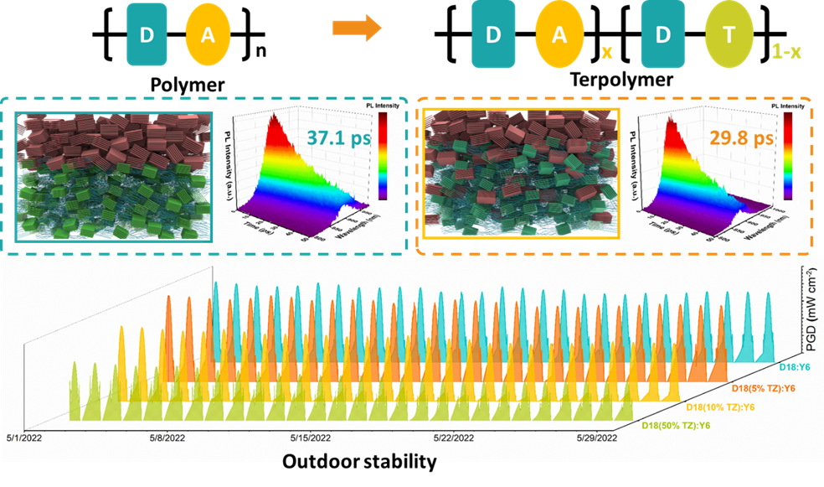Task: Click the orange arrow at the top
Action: (357, 28)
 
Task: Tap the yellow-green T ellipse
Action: (729, 35)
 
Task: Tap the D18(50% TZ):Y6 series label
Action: (676, 425)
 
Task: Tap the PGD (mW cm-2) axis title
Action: (811, 310)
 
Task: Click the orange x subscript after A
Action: (607, 53)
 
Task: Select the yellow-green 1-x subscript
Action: (785, 52)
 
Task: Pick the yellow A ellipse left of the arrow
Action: (208, 35)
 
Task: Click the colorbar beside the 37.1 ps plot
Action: (382, 156)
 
